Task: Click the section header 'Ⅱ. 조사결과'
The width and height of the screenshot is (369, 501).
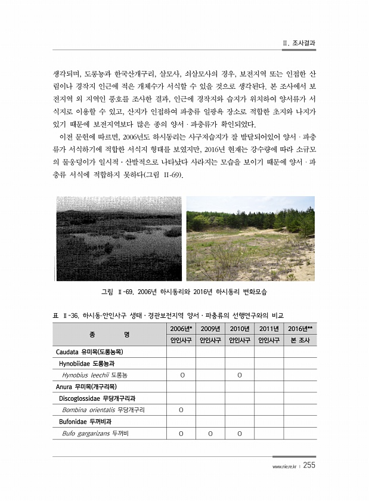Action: click(299, 44)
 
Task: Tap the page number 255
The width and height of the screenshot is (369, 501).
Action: click(309, 466)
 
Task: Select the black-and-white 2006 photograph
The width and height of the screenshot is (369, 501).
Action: click(117, 239)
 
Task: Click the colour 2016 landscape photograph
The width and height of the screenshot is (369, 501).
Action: click(250, 239)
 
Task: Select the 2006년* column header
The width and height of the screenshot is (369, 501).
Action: click(181, 329)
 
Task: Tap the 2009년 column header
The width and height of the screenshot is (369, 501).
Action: click(210, 329)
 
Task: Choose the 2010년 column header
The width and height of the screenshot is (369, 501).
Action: click(239, 329)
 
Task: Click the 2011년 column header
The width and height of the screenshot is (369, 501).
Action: click(269, 329)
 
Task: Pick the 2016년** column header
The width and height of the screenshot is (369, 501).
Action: click(300, 329)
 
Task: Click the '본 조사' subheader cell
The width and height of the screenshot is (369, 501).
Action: click(300, 341)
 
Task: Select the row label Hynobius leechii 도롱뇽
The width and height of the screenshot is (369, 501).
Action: click(95, 375)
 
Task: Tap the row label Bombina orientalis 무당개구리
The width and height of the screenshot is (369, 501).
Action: click(103, 410)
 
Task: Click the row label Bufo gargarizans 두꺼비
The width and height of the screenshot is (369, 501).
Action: click(95, 433)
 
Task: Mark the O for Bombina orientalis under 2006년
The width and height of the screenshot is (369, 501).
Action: click(181, 410)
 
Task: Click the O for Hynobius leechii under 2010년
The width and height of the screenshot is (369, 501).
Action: click(239, 376)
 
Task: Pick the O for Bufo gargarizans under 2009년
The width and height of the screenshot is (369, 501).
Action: click(210, 434)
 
